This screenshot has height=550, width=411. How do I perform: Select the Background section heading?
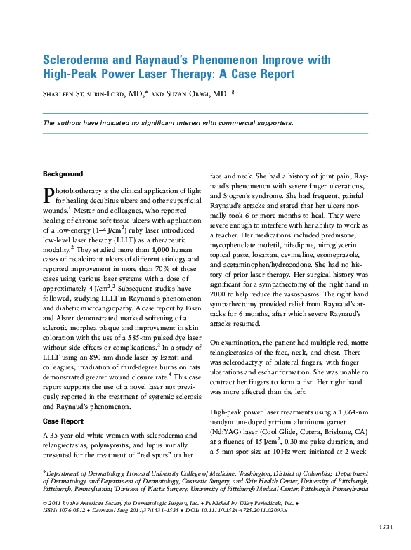coord(63,173)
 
